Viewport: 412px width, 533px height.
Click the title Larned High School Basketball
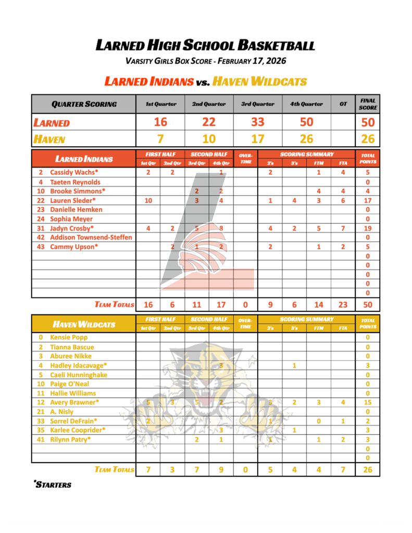pyautogui.click(x=206, y=45)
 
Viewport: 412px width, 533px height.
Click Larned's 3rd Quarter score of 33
pyautogui.click(x=257, y=122)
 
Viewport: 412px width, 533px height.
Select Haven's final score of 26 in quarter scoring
pyautogui.click(x=368, y=139)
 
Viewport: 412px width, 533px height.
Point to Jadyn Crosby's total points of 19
pyautogui.click(x=368, y=228)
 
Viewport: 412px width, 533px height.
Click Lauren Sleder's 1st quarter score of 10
pyautogui.click(x=148, y=200)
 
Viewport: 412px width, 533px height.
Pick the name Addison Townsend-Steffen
pyautogui.click(x=91, y=237)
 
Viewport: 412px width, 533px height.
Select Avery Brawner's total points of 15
pyautogui.click(x=368, y=402)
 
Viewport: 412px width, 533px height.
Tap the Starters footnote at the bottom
pyautogui.click(x=53, y=485)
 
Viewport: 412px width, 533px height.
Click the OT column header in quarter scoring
pyautogui.click(x=343, y=104)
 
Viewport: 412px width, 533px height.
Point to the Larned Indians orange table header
pyautogui.click(x=84, y=159)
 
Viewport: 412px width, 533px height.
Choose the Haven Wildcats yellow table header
pyautogui.click(x=84, y=324)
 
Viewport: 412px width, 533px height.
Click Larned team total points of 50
pyautogui.click(x=368, y=304)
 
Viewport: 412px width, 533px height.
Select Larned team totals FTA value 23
pyautogui.click(x=343, y=304)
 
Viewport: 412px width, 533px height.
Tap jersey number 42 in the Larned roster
pyautogui.click(x=40, y=237)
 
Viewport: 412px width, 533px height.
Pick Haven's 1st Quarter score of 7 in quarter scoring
pyautogui.click(x=160, y=139)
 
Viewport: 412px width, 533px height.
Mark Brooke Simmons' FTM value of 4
pyautogui.click(x=318, y=191)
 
